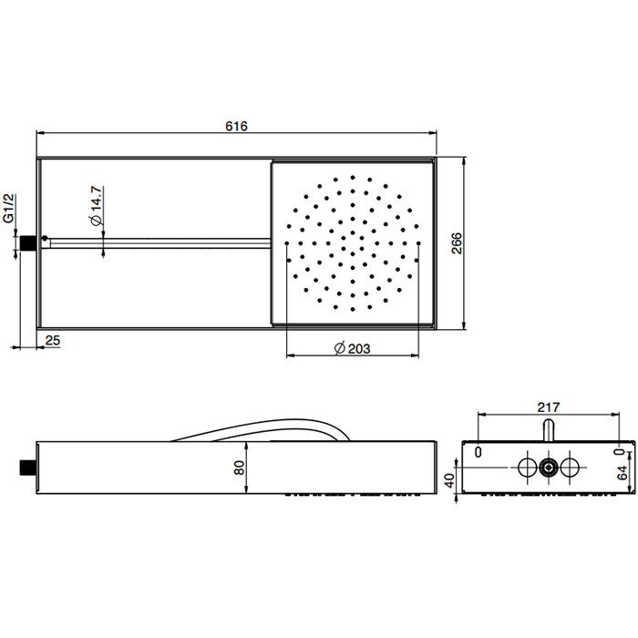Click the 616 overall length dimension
(x=236, y=126)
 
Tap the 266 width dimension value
(x=457, y=243)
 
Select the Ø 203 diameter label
(x=353, y=349)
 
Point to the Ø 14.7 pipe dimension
(x=96, y=206)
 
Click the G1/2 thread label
(x=9, y=209)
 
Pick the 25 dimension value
(x=53, y=340)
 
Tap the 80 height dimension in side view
(x=239, y=468)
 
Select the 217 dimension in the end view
(x=548, y=406)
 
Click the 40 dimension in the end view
(x=449, y=480)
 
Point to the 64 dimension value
(x=623, y=473)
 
